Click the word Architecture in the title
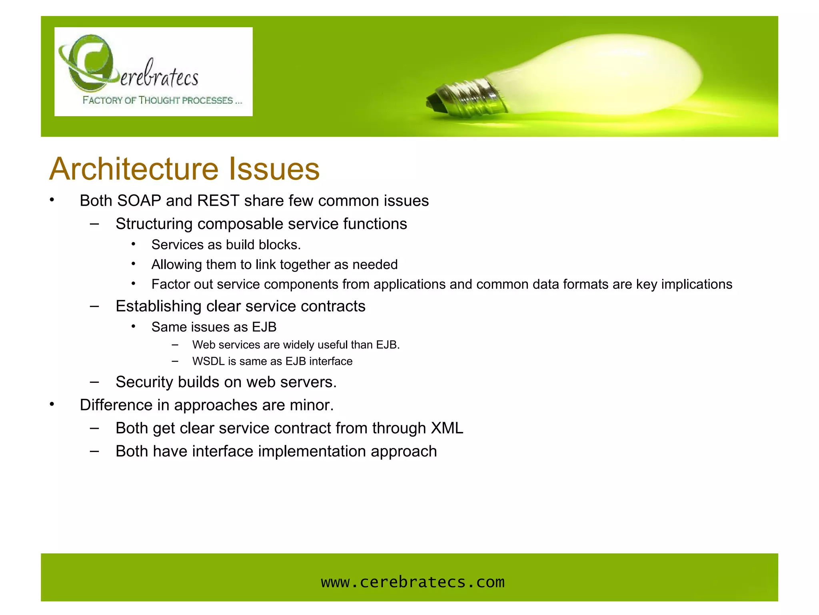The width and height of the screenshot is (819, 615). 134,169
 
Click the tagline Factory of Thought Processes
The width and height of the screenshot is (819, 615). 162,100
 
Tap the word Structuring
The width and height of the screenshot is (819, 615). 154,224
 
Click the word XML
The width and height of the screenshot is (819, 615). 447,428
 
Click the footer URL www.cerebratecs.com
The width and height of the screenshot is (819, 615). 413,582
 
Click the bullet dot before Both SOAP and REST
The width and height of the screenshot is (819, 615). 52,200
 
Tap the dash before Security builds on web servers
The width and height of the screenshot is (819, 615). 94,382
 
